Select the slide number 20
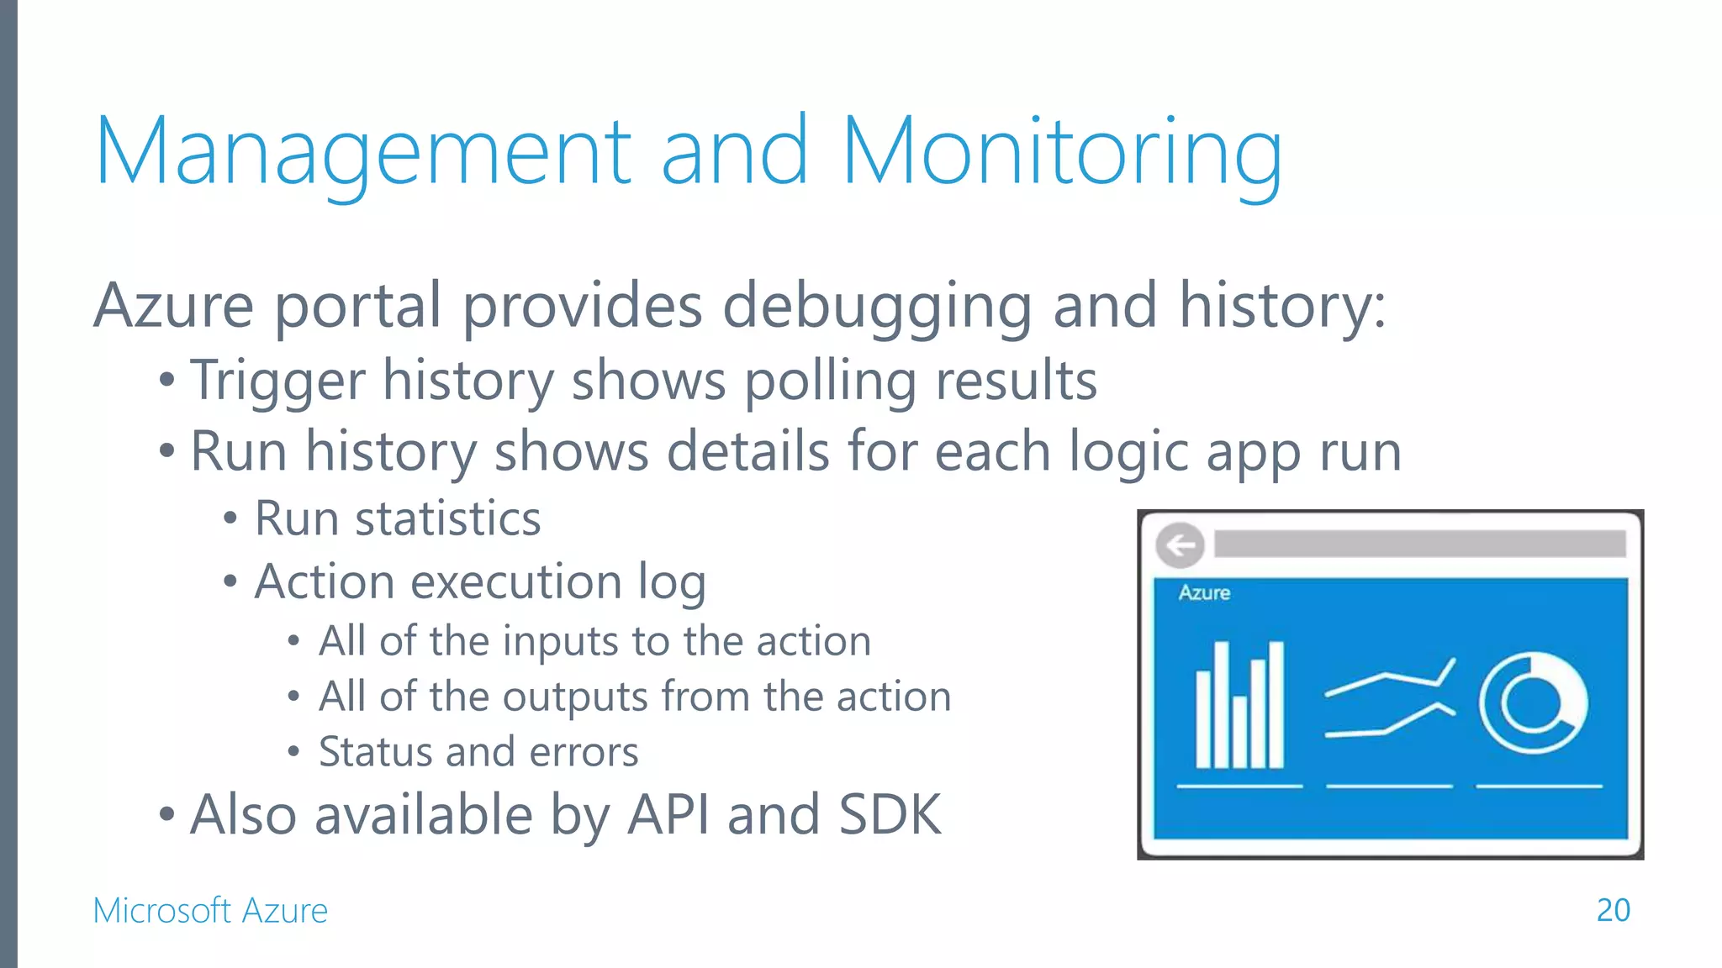1613,910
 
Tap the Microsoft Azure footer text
210,911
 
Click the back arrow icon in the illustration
1181,545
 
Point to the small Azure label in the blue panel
1204,593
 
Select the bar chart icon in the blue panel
1240,706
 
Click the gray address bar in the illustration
1419,544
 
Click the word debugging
877,306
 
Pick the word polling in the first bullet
830,381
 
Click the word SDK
890,814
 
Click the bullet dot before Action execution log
230,581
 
